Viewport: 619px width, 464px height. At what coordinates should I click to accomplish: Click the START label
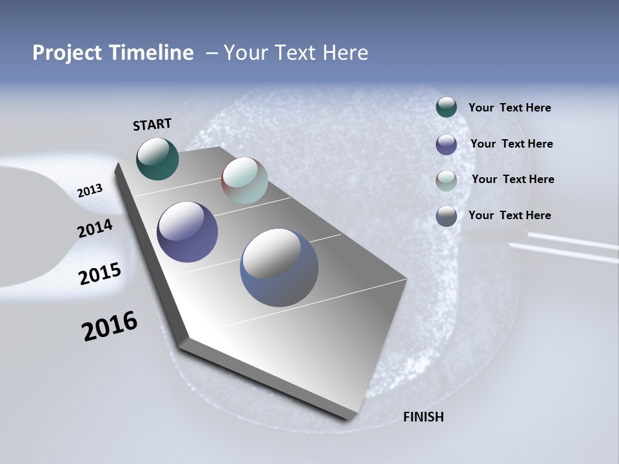click(152, 124)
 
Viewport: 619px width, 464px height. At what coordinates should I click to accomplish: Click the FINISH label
click(423, 417)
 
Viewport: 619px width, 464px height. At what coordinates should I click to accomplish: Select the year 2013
click(90, 191)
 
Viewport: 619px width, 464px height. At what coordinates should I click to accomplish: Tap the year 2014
click(95, 229)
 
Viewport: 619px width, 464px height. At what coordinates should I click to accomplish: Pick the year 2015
click(99, 275)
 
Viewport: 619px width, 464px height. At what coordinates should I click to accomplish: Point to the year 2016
click(110, 326)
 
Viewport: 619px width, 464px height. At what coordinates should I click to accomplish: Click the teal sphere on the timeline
click(157, 159)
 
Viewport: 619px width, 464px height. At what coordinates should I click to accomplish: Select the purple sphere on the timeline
click(188, 232)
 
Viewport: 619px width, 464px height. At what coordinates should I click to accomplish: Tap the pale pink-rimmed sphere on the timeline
click(244, 180)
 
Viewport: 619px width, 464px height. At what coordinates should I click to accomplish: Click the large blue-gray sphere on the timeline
click(279, 267)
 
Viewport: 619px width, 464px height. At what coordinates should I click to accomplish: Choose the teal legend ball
click(446, 107)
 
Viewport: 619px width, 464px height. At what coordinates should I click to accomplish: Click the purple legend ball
click(446, 144)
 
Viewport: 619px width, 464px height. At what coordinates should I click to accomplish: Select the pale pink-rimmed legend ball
click(446, 180)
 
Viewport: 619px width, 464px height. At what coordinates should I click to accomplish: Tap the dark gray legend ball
click(446, 216)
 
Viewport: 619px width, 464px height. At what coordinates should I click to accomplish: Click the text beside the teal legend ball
click(509, 108)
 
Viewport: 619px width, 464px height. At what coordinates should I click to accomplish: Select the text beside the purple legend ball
click(511, 144)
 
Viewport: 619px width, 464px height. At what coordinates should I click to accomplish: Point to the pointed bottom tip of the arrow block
click(349, 418)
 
